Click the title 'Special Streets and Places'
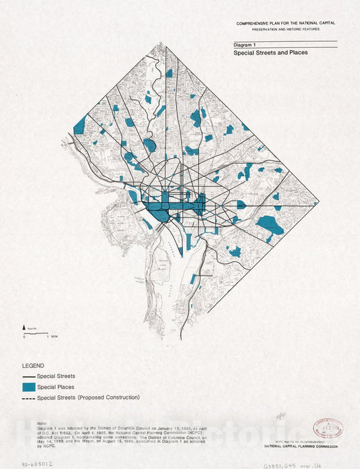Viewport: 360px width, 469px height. [270, 52]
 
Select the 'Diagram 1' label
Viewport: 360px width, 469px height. [246, 43]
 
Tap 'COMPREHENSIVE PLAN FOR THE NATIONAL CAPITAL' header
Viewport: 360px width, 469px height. [286, 23]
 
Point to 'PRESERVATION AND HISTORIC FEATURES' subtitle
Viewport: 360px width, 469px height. [286, 30]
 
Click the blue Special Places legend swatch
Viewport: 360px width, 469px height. [28, 387]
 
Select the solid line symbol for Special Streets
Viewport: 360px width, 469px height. [28, 376]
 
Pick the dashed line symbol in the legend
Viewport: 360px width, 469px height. [28, 398]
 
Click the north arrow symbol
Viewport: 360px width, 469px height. [25, 328]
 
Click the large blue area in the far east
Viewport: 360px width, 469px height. [269, 224]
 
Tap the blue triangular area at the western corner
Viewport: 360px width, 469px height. [80, 126]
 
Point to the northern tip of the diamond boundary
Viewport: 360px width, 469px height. [167, 45]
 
